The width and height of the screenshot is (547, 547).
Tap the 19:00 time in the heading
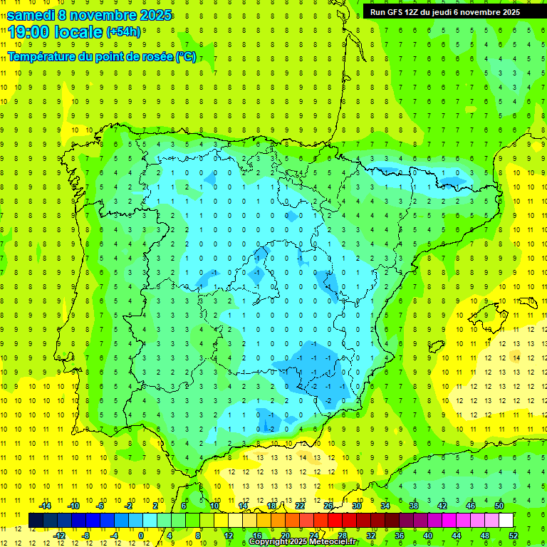tap(28, 32)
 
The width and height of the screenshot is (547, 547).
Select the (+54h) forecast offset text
tap(123, 32)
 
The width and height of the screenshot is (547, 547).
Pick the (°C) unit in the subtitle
tap(185, 56)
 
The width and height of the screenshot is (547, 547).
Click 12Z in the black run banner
tap(407, 12)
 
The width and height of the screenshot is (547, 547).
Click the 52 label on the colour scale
tap(514, 535)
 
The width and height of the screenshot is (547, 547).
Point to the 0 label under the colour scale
tap(141, 535)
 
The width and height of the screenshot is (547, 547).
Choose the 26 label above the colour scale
tap(328, 506)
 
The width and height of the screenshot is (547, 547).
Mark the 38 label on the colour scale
tap(414, 506)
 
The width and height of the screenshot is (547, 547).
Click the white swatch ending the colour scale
tap(506, 520)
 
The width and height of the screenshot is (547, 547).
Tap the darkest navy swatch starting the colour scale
tap(36, 520)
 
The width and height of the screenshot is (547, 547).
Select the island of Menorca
tap(527, 303)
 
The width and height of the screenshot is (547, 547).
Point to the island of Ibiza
tap(434, 347)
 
